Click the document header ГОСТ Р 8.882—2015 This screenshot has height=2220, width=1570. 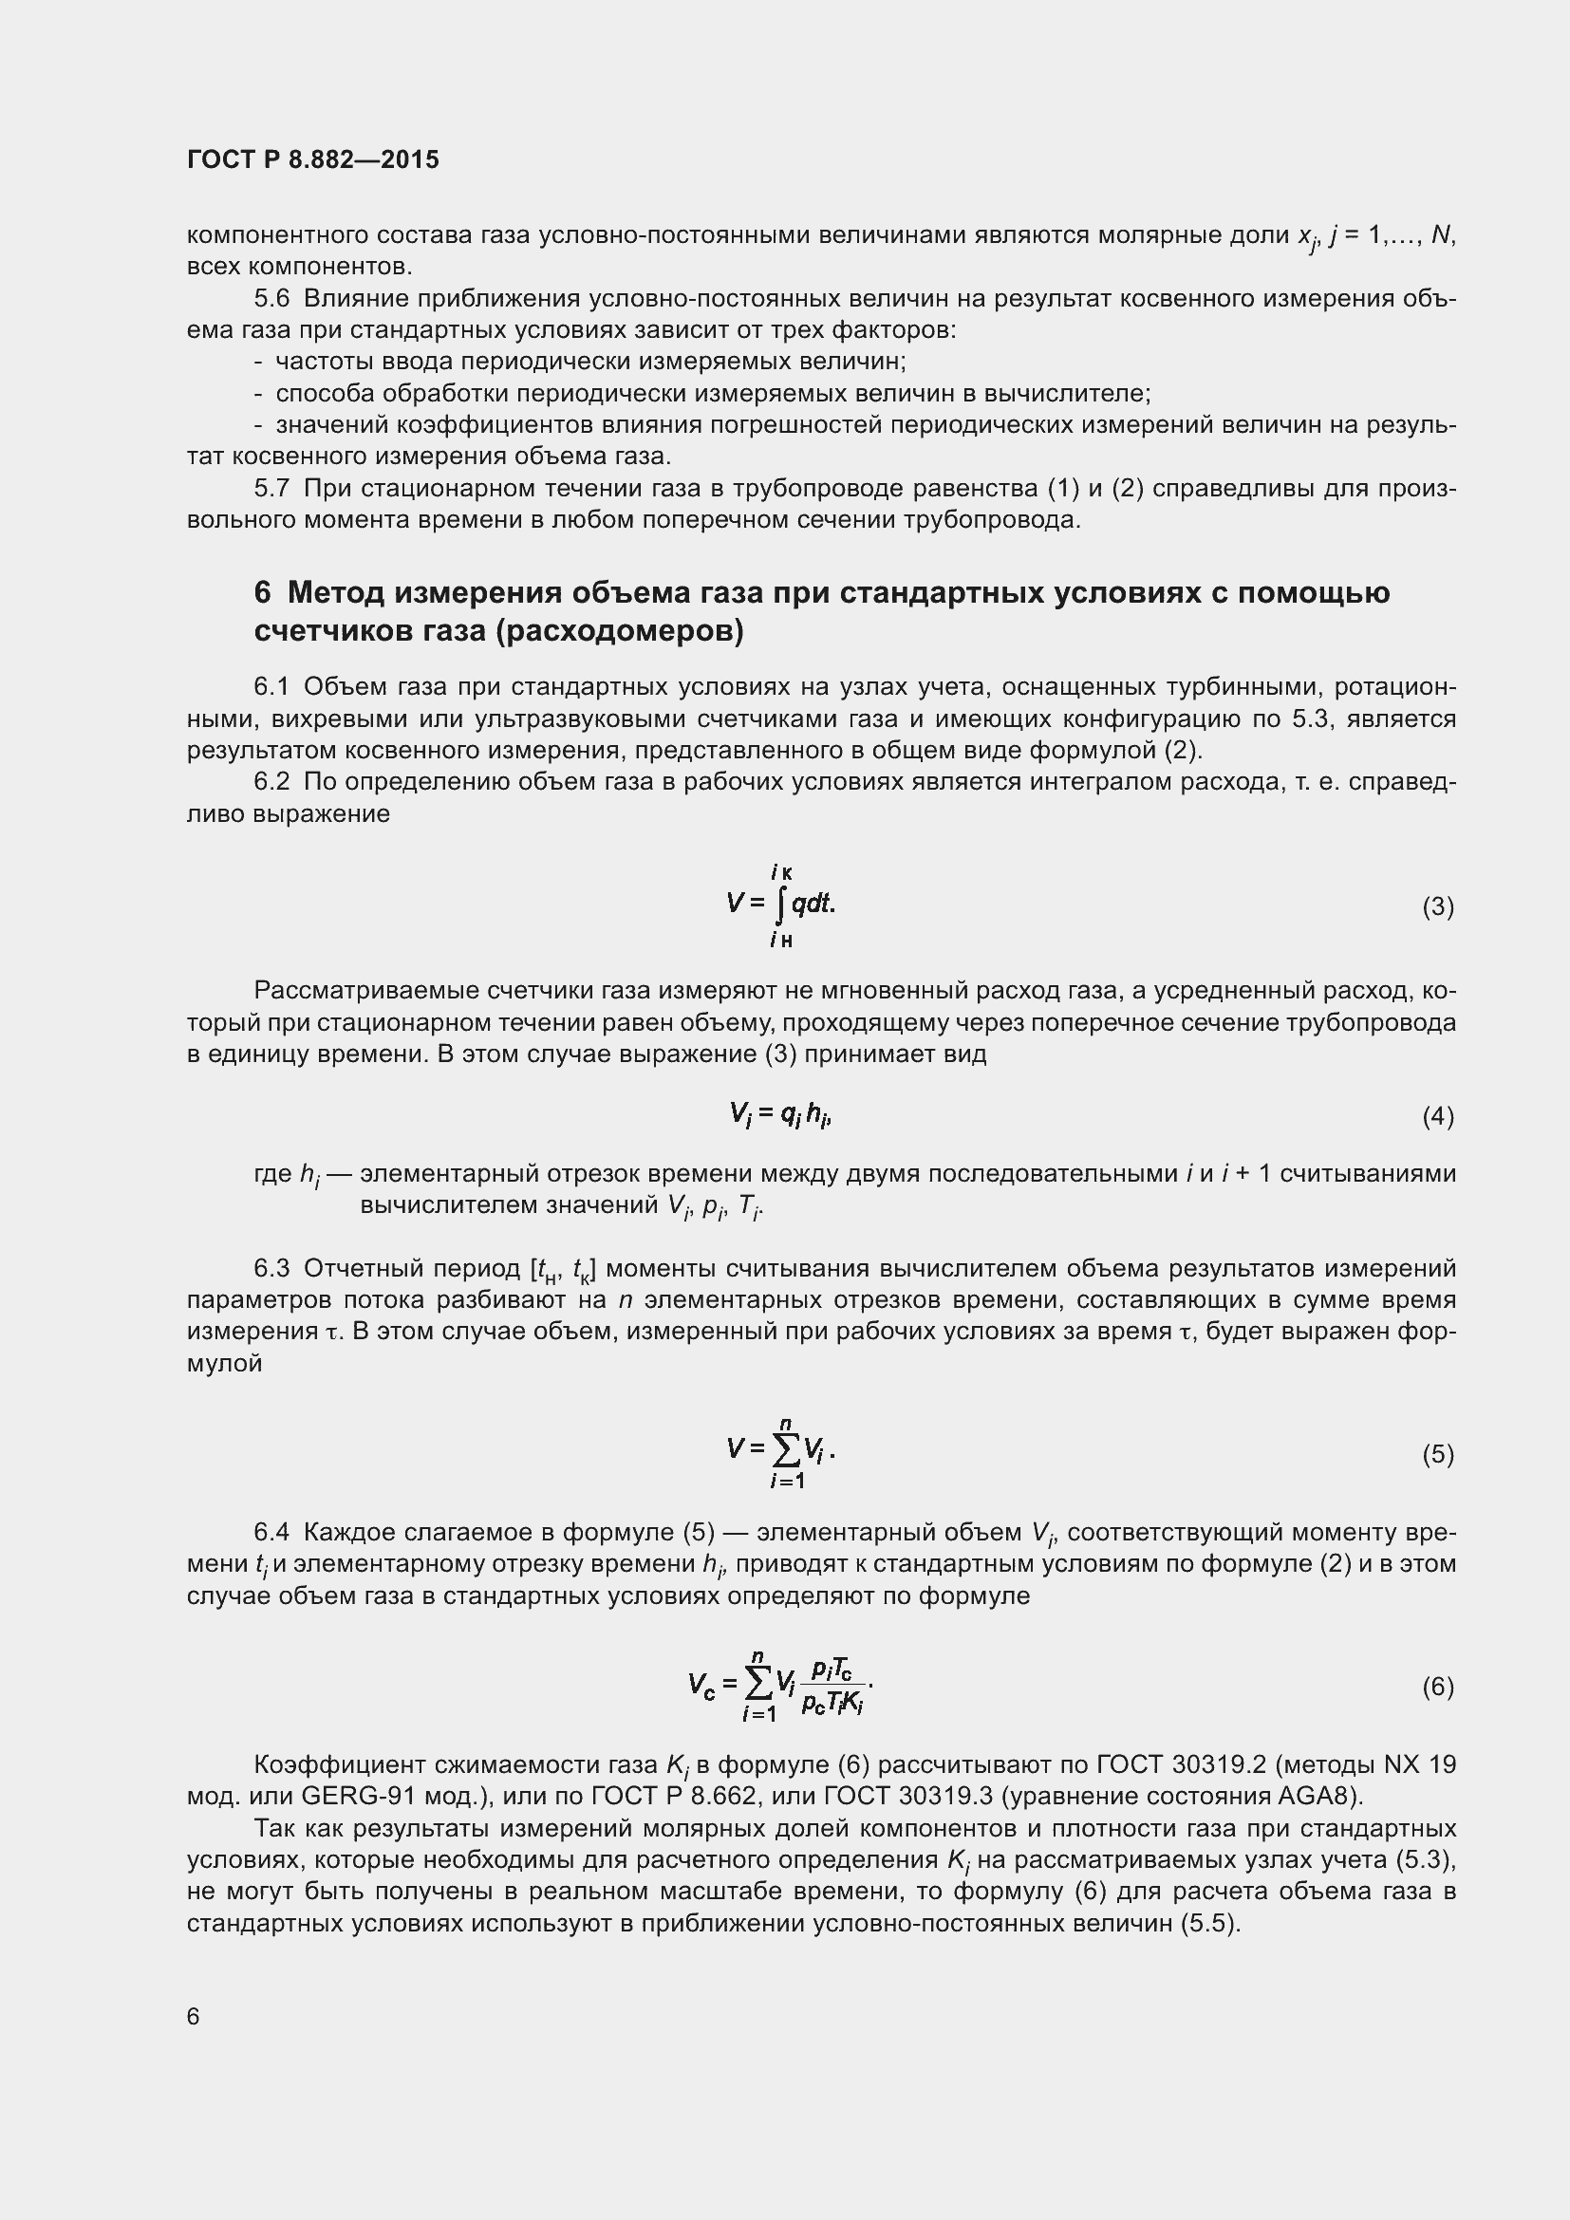pyautogui.click(x=312, y=160)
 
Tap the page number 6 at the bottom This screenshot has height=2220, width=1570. pyautogui.click(x=194, y=2016)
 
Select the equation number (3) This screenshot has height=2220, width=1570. pyautogui.click(x=1437, y=907)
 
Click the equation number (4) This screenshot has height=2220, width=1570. pyautogui.click(x=1437, y=1117)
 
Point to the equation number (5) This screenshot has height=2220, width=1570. pyautogui.click(x=1437, y=1454)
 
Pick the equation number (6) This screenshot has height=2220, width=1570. pyautogui.click(x=1437, y=1688)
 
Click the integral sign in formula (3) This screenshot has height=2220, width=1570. pyautogui.click(x=781, y=905)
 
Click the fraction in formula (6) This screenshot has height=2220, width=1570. pyautogui.click(x=832, y=1687)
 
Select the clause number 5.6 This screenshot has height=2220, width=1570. pyautogui.click(x=271, y=299)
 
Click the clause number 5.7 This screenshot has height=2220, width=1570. pyautogui.click(x=271, y=488)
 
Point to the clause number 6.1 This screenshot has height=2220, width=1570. pyautogui.click(x=271, y=686)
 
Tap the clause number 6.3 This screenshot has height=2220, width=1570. pyautogui.click(x=271, y=1268)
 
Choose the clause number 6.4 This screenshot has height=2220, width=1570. pyautogui.click(x=271, y=1532)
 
